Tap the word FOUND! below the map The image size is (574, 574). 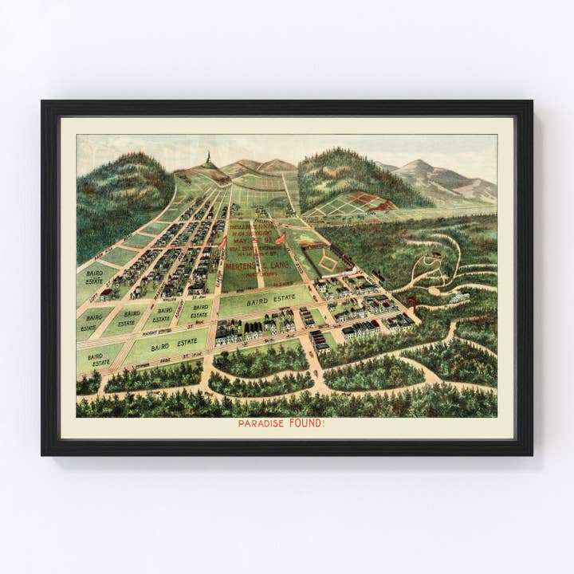coord(308,423)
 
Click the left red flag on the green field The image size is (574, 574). coord(223,242)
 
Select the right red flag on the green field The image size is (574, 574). coord(280,238)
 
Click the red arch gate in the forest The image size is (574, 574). coord(412,301)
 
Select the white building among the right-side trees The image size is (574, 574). coord(458,297)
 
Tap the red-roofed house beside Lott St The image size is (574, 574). coord(106,293)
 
